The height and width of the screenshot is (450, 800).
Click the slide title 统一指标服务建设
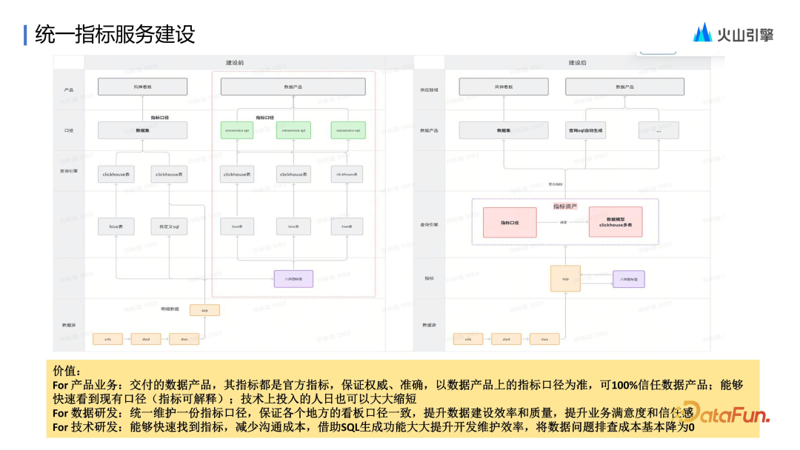[x=115, y=34]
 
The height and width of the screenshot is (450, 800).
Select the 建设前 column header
[x=236, y=63]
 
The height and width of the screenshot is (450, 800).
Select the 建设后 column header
[x=578, y=63]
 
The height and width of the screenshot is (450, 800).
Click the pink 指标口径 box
[x=510, y=222]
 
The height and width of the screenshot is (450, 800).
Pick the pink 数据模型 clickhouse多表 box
[x=616, y=222]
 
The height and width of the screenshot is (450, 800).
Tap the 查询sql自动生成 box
[x=587, y=130]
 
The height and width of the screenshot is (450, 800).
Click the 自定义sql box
[x=169, y=226]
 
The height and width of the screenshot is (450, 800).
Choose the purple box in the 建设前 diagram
[x=293, y=278]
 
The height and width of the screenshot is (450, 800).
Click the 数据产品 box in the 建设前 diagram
[x=293, y=87]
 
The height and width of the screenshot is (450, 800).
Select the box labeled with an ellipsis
[x=659, y=130]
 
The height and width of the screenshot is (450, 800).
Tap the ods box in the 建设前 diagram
[x=108, y=339]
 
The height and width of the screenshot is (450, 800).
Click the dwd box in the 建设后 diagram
[x=507, y=339]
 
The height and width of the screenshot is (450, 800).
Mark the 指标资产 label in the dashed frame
[x=565, y=206]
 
